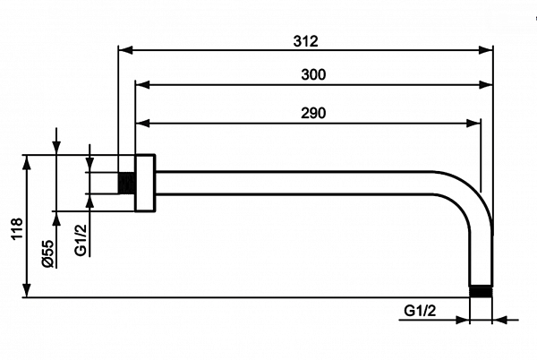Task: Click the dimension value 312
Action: click(305, 41)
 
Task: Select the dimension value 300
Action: click(313, 75)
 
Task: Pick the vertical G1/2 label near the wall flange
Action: click(81, 239)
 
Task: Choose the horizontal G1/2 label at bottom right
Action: click(420, 311)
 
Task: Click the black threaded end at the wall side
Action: click(126, 182)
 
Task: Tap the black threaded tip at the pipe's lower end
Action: click(482, 290)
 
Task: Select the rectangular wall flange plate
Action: click(145, 183)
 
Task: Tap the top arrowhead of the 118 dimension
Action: click(28, 161)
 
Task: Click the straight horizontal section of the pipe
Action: click(295, 182)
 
